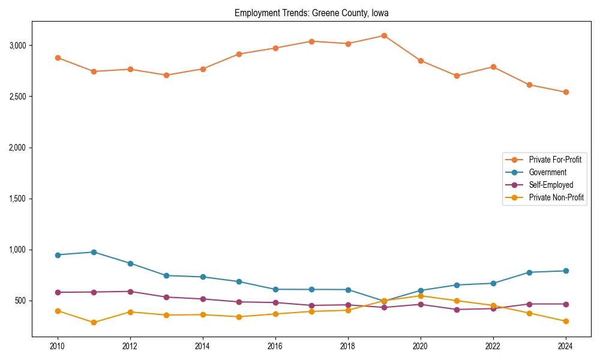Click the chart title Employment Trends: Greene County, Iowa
point(311,13)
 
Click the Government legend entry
point(547,172)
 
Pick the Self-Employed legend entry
point(551,185)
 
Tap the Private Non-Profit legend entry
point(556,197)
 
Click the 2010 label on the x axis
point(58,346)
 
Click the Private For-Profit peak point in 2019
point(384,35)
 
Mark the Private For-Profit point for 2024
point(566,92)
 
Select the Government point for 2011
point(94,252)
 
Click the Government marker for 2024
point(566,271)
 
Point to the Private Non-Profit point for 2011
point(94,323)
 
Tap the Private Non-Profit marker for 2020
point(421,296)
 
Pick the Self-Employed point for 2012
point(130,292)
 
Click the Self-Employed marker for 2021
point(457,310)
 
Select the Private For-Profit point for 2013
point(166,75)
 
